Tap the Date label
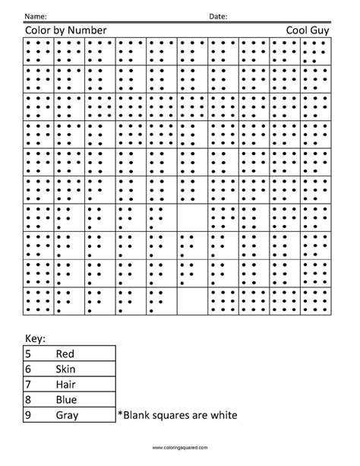[217, 16]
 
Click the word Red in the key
[65, 353]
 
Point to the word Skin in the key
[66, 368]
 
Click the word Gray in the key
[68, 414]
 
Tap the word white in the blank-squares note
[224, 414]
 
